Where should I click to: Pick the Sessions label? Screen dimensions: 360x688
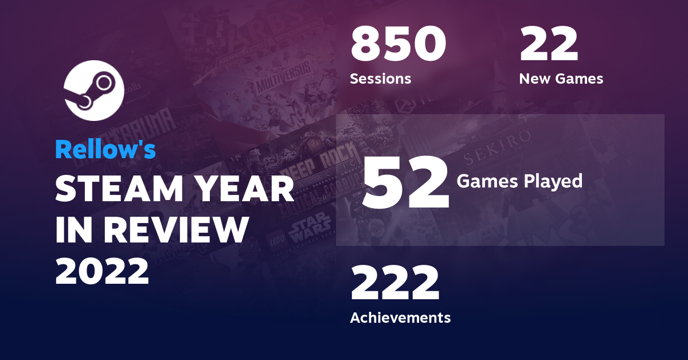[x=380, y=79]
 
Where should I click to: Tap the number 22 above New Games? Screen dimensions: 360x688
[x=548, y=46]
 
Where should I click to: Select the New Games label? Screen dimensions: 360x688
[x=561, y=79]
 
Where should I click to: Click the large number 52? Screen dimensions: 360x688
[x=405, y=182]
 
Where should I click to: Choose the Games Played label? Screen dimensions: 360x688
[x=519, y=181]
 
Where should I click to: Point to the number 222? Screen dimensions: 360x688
[x=395, y=284]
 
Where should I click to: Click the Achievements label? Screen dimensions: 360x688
[x=400, y=317]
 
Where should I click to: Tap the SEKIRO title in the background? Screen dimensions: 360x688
[x=504, y=139]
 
